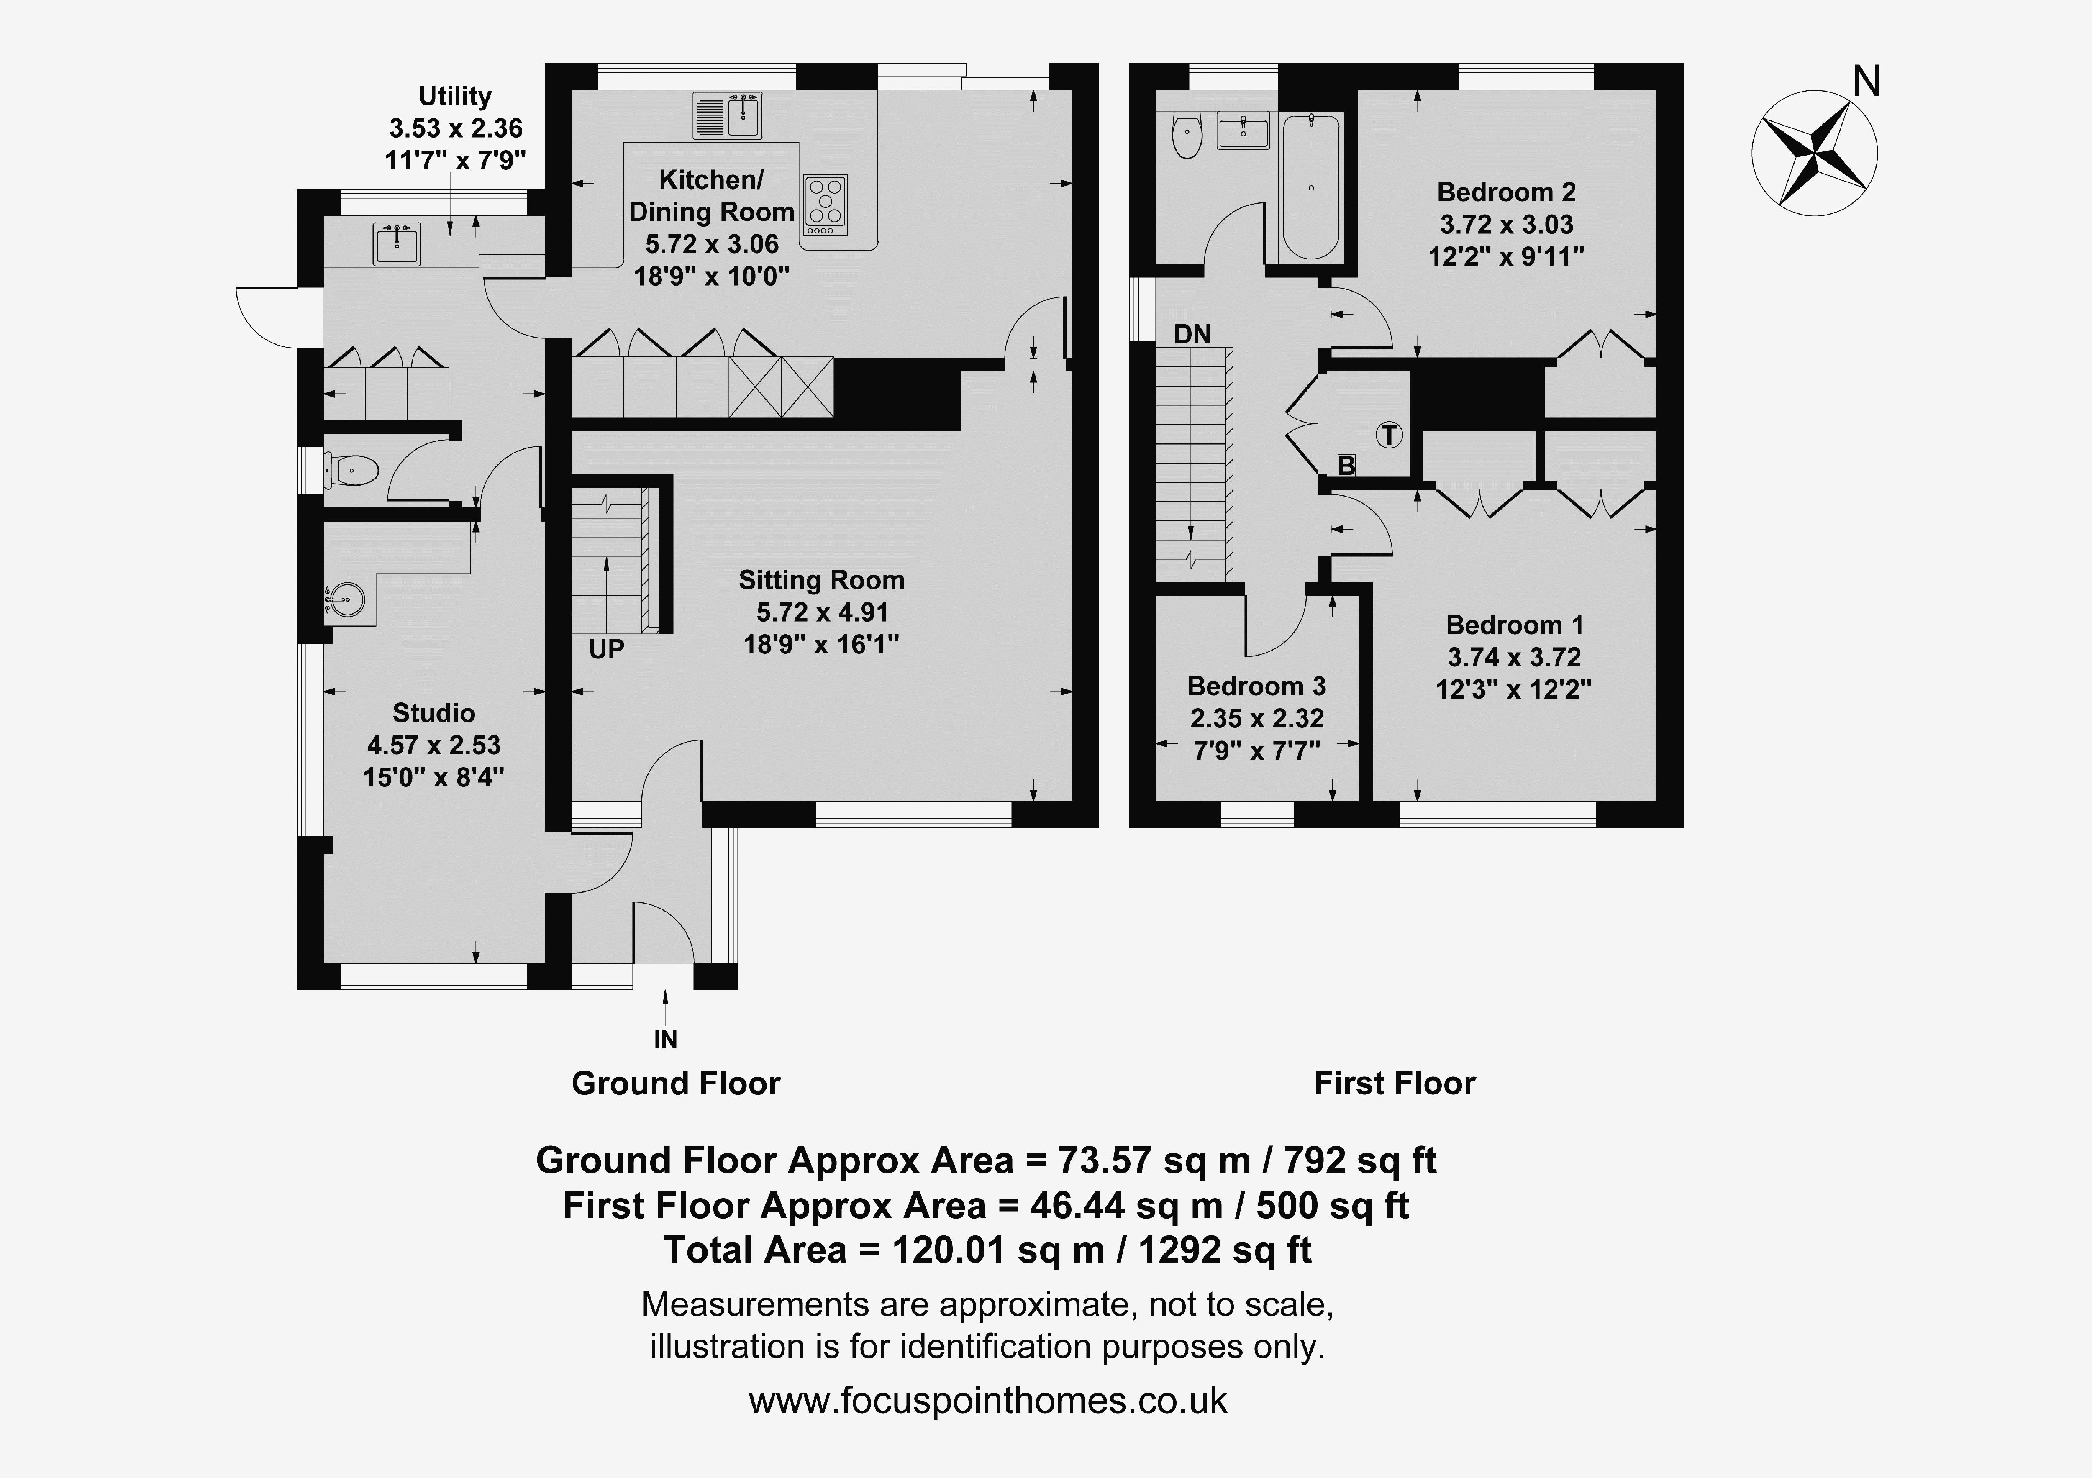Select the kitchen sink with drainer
tap(727, 116)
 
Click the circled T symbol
tap(1390, 435)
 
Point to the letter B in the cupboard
tap(1346, 466)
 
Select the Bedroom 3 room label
tap(1256, 686)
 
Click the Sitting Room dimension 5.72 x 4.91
tap(822, 612)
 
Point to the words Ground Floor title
tap(676, 1084)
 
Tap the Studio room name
tap(434, 712)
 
